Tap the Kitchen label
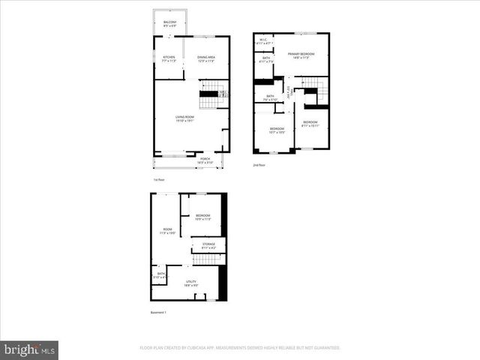point(169,58)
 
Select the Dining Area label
point(206,58)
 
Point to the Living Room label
point(185,118)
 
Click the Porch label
point(205,160)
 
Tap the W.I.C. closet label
point(262,42)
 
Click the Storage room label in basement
point(208,245)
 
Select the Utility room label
point(191,282)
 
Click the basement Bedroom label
point(202,217)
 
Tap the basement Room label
point(166,231)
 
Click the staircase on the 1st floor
point(211,94)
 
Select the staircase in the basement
point(208,259)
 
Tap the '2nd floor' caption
point(259,165)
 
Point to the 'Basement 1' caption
point(159,312)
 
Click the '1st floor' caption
point(158,181)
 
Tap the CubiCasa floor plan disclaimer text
point(240,348)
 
